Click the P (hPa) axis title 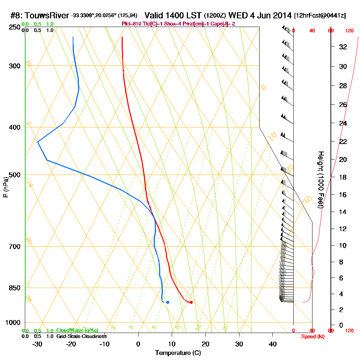tap(5, 187)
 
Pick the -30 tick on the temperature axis tap(37, 344)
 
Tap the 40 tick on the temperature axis tap(273, 344)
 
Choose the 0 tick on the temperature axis tap(138, 344)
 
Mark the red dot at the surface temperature tap(191, 302)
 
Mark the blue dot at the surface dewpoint tap(168, 302)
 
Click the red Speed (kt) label tap(312, 336)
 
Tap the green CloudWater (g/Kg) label tap(77, 330)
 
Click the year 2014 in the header tap(282, 16)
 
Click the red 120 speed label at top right tap(349, 31)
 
